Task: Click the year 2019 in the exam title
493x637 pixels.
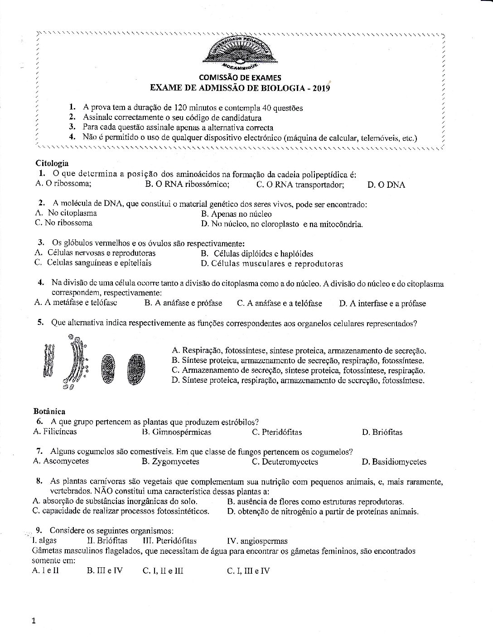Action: coord(321,88)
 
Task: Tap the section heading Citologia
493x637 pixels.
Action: coord(52,163)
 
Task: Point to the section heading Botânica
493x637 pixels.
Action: coord(49,411)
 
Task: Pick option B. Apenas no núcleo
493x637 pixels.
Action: coord(236,214)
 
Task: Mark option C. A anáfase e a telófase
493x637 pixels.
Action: coord(279,304)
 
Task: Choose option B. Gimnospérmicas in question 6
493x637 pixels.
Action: coord(176,432)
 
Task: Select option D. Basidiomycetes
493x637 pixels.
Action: coord(394,462)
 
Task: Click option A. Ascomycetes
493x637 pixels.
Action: coord(61,461)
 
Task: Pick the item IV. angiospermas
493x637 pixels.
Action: coord(256,541)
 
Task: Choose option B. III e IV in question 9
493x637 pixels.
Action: coord(104,570)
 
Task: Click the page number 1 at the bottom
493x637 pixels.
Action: coord(34,621)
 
